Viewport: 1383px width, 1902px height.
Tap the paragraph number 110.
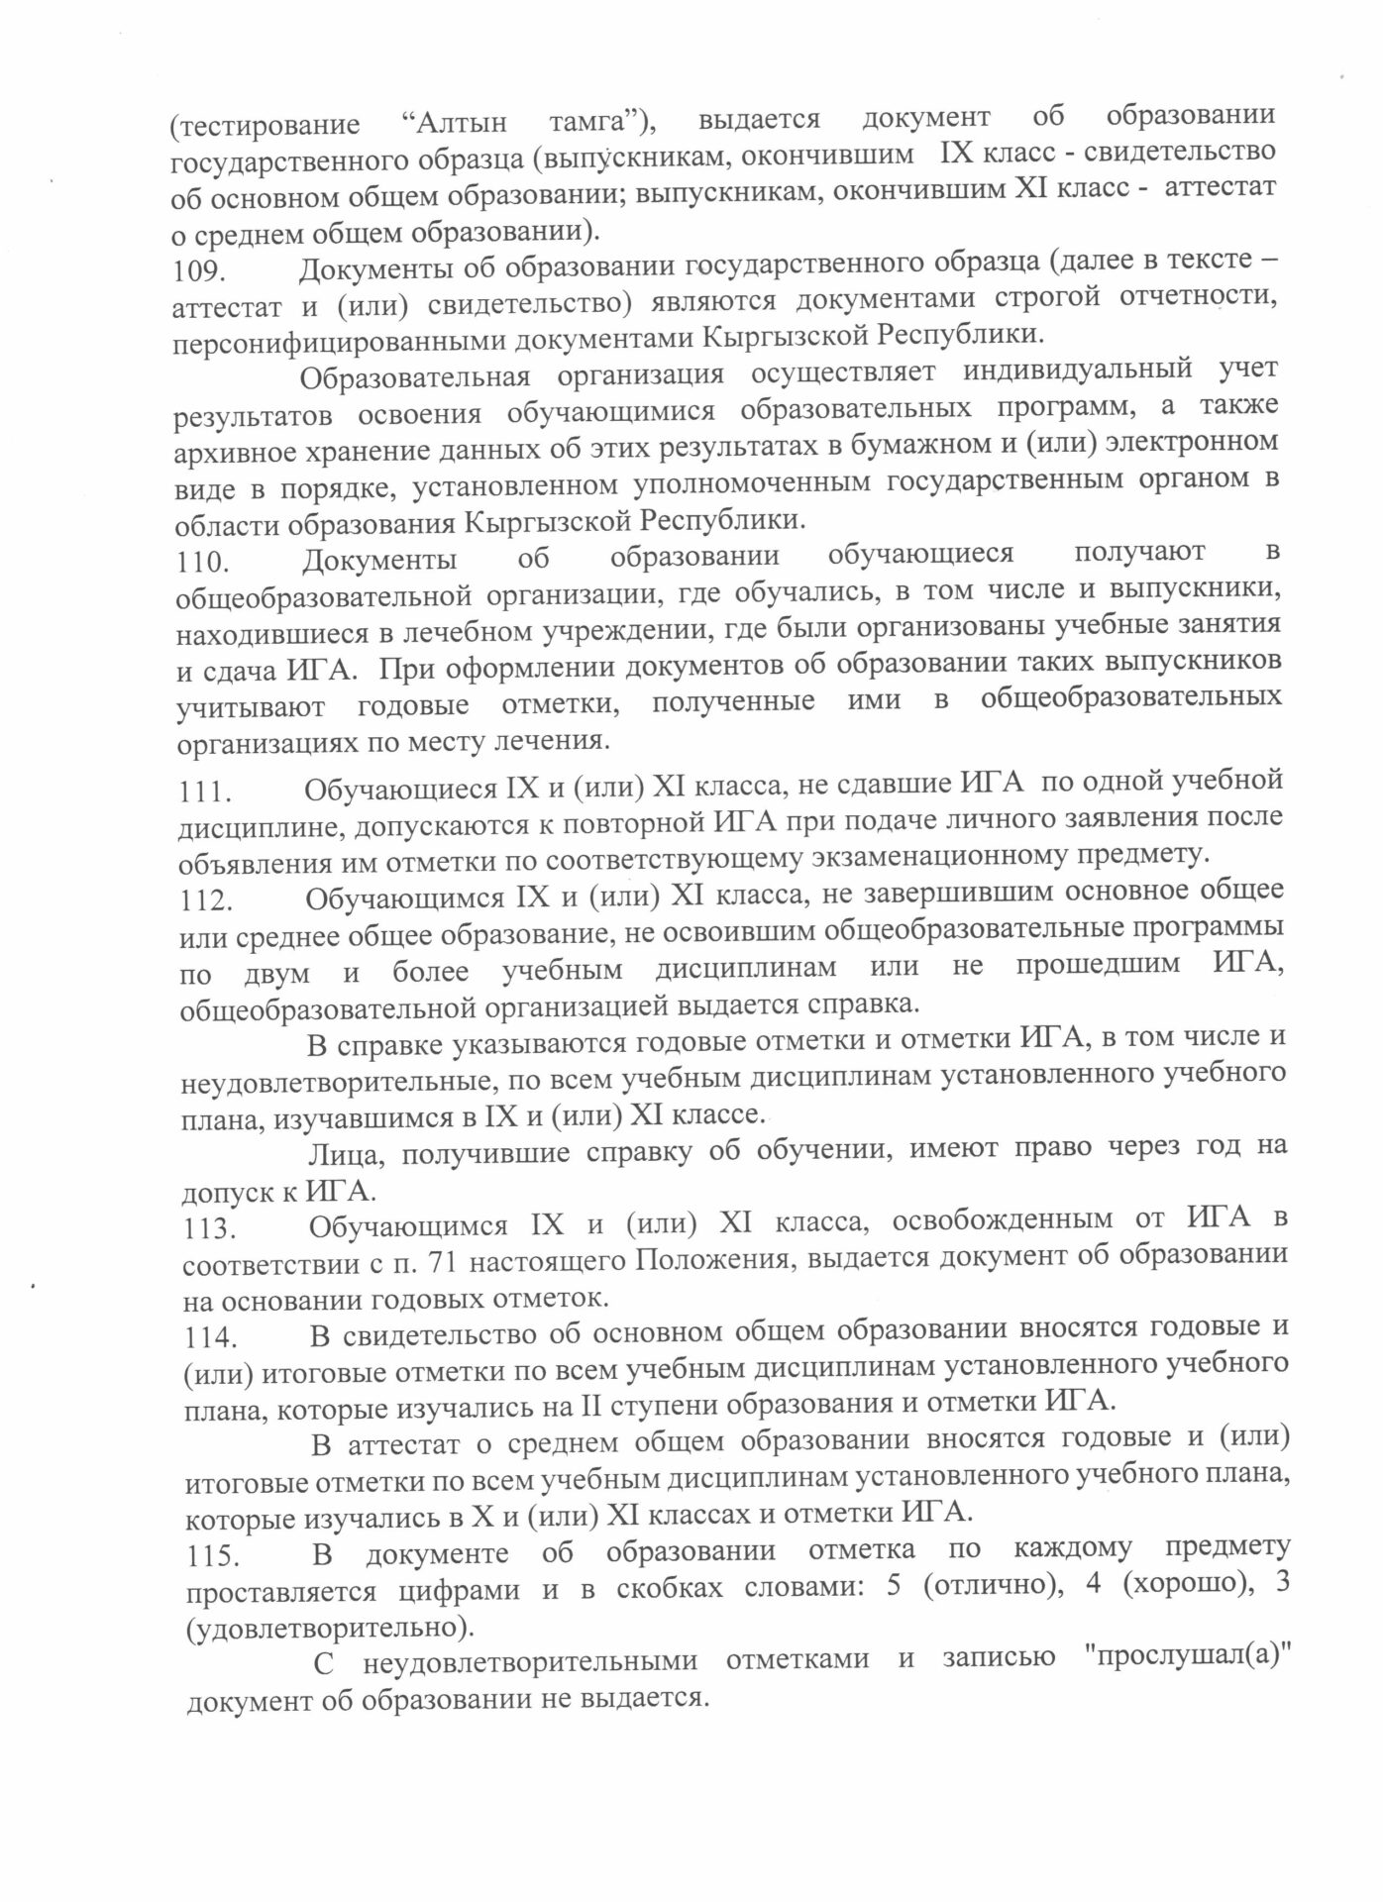coord(203,563)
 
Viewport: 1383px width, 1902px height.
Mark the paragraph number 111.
coord(205,792)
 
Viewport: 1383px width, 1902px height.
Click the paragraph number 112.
coord(206,901)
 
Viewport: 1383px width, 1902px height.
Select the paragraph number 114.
coord(211,1337)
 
